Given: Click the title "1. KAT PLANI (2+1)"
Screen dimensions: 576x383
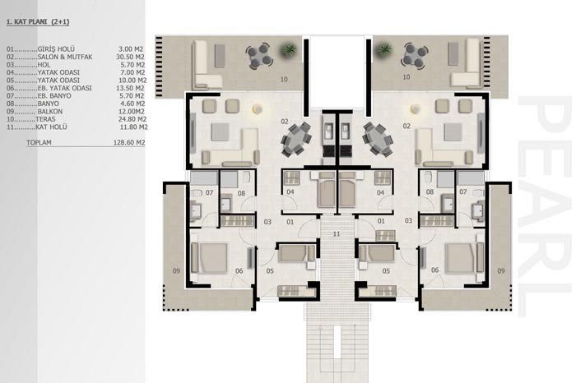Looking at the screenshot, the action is coord(38,22).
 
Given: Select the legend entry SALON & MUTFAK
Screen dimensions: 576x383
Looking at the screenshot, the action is coord(65,57).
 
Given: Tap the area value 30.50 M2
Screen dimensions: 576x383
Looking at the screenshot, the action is coord(130,57).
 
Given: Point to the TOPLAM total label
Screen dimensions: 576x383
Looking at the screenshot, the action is coord(39,142).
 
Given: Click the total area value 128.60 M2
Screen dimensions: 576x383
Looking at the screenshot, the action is coord(129,142).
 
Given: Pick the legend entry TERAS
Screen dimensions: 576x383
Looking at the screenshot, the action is coord(45,119).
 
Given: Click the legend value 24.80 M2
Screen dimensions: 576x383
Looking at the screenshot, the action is coord(132,119).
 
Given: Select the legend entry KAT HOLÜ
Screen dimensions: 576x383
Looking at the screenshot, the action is coord(51,127).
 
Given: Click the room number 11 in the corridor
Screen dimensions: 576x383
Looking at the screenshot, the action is coord(337,233).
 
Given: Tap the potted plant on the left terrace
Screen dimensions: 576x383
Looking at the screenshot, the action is coord(289,49).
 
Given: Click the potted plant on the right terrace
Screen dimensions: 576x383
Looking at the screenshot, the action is coord(384,48).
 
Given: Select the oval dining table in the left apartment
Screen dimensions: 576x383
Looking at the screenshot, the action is coord(296,139).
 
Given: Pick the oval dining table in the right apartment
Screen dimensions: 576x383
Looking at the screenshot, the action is coord(378,139).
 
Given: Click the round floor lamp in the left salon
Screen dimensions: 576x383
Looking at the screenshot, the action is coord(257,109).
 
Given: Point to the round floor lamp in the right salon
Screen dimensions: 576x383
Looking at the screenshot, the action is coord(416,109).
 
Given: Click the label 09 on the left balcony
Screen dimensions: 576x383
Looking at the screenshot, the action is coord(176,271).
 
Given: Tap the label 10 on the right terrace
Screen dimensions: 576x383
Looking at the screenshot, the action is coord(406,77).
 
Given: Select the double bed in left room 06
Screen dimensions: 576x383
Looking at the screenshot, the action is coord(209,257).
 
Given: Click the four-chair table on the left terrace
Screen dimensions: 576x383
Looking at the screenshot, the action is coord(260,56).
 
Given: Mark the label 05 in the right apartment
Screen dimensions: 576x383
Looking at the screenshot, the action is coord(386,271).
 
